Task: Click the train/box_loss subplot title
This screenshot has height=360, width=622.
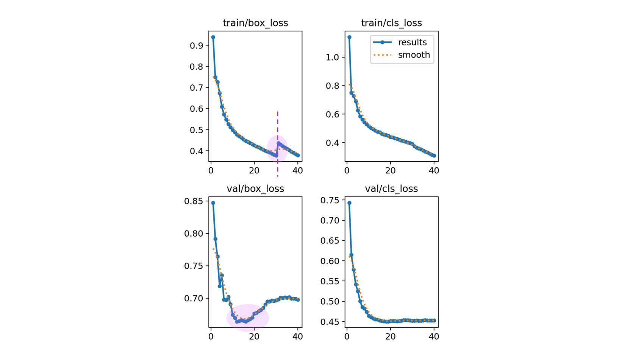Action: [255, 23]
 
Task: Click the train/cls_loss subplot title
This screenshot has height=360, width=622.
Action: [391, 23]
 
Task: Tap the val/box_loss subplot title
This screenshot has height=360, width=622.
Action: [255, 189]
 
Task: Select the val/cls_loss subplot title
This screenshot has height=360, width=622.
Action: [391, 189]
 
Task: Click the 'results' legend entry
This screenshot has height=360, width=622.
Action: [412, 42]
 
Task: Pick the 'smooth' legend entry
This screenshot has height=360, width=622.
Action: [414, 55]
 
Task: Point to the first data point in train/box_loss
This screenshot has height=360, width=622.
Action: [213, 37]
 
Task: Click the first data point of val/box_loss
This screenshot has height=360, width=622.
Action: [213, 203]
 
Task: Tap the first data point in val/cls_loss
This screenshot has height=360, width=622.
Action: [349, 203]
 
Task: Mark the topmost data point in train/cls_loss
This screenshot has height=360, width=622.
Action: [349, 37]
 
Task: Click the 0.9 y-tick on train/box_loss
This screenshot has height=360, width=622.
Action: [197, 45]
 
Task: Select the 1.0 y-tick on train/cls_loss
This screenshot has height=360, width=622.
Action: [333, 57]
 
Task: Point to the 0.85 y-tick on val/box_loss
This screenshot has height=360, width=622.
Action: [194, 201]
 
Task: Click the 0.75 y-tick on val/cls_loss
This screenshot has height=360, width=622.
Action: [330, 200]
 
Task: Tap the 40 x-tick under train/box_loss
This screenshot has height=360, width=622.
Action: [298, 171]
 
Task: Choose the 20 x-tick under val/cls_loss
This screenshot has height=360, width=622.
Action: [391, 337]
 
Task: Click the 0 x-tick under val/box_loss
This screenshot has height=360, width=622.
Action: [211, 337]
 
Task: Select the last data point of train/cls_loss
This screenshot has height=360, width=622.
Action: [434, 156]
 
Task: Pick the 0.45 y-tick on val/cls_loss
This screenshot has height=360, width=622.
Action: [330, 322]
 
